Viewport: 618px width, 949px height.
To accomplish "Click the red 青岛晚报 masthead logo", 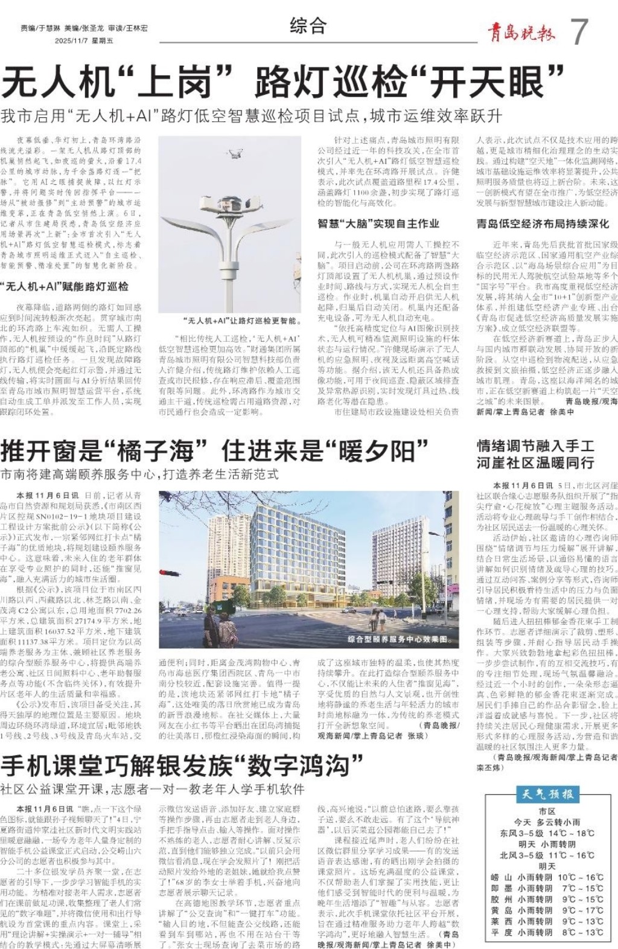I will point(521,32).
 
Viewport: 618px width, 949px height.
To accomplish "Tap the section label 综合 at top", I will point(308,26).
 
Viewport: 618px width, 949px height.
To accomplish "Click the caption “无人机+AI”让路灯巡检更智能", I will point(240,321).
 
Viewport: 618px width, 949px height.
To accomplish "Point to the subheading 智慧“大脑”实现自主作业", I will point(378,223).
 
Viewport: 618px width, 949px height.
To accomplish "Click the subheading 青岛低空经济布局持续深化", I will point(543,223).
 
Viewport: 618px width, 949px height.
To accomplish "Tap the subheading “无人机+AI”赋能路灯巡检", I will point(65,286).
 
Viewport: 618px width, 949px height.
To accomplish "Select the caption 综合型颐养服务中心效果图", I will point(399,638).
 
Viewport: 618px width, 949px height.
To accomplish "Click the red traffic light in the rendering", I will point(163,572).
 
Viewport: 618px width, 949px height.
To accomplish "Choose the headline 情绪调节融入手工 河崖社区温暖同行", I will point(536,455).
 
